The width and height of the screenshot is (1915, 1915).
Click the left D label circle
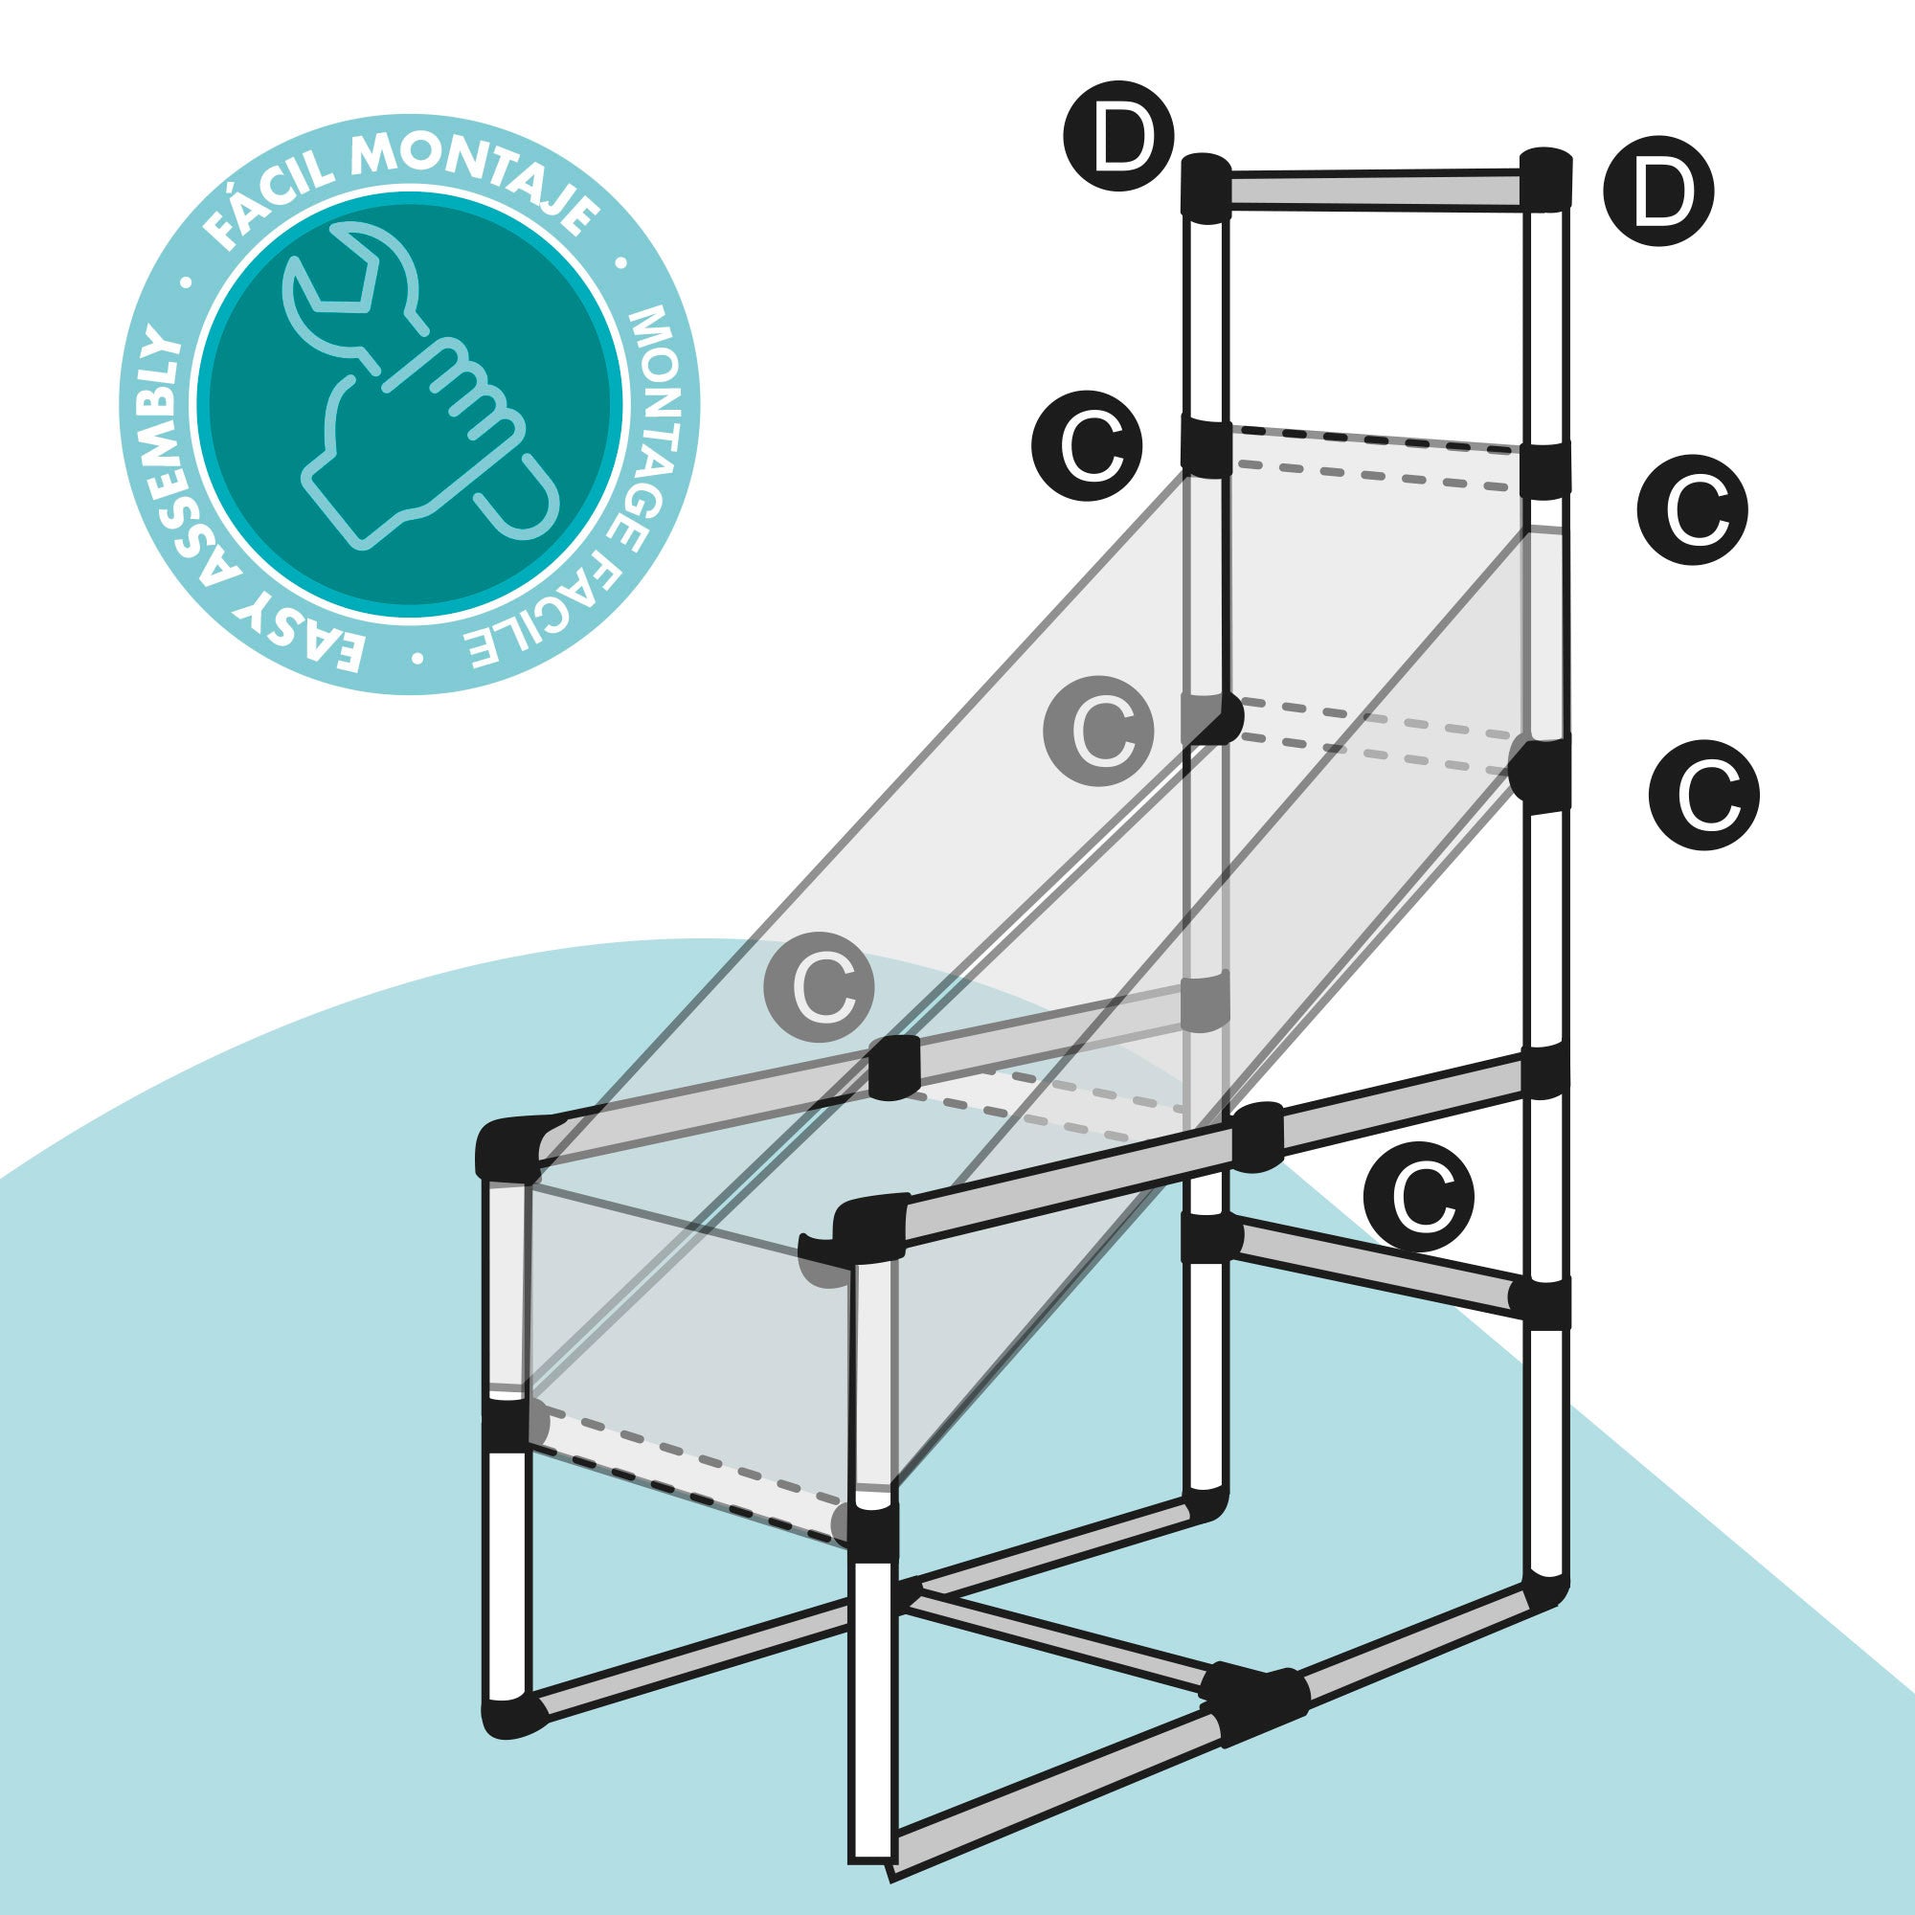click(x=1118, y=136)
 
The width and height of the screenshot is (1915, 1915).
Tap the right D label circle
click(x=1659, y=191)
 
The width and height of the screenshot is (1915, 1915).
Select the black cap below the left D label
click(x=1206, y=186)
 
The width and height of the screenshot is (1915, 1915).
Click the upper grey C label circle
click(x=1097, y=731)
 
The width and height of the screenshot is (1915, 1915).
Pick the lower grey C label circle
click(x=819, y=986)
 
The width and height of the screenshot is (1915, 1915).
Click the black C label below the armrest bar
click(x=1418, y=1196)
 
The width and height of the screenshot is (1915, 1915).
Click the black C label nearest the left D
click(x=1087, y=446)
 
